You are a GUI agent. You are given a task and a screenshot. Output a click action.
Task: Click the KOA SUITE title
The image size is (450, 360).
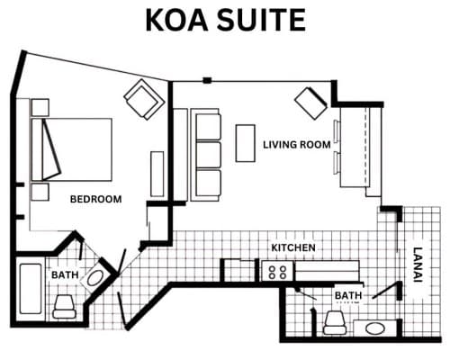(x=226, y=20)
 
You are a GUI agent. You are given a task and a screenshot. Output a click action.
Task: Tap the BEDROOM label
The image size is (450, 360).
(x=95, y=199)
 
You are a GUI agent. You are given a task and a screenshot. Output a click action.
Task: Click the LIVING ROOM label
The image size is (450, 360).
(x=297, y=145)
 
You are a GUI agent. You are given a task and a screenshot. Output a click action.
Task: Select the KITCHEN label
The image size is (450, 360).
(x=293, y=247)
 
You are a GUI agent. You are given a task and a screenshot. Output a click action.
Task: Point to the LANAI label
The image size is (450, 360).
(x=418, y=265)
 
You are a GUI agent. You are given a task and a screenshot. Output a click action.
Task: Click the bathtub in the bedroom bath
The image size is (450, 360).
(x=31, y=289)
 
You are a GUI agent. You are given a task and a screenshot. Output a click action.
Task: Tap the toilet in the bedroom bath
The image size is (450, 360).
(x=64, y=306)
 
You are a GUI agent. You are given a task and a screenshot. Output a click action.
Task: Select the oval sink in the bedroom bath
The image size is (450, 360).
(x=95, y=278)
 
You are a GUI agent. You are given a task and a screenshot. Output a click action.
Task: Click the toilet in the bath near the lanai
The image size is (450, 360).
(x=335, y=322)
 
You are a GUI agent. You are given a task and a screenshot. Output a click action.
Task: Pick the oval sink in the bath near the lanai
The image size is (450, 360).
(x=375, y=328)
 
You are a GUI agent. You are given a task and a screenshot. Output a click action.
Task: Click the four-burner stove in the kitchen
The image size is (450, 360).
(x=277, y=271)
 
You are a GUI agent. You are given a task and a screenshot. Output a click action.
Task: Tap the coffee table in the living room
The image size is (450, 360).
(x=246, y=143)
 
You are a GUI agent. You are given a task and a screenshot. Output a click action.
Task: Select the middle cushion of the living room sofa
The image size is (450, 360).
(x=209, y=155)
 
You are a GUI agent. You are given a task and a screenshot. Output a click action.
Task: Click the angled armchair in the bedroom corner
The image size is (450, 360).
(x=144, y=100)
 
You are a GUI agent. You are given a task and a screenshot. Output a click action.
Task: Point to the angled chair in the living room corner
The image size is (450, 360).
(x=311, y=103)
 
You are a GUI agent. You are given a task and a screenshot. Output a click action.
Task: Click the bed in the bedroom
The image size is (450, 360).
(x=72, y=149)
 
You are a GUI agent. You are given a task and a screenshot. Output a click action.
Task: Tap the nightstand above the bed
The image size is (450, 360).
(x=40, y=107)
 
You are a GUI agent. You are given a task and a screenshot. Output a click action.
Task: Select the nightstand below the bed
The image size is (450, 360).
(x=40, y=192)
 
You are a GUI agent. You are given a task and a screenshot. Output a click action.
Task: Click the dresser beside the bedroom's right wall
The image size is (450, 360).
(x=157, y=174)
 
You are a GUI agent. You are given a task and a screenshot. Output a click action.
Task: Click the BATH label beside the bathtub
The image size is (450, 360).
(x=65, y=274)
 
